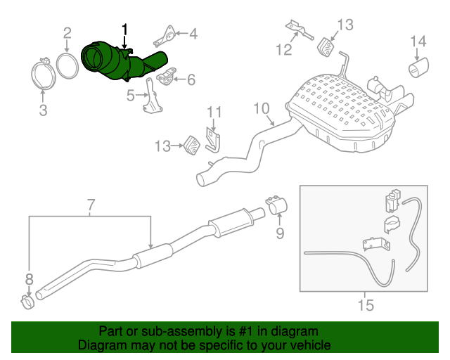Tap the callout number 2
point(67,32)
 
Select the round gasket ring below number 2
point(67,65)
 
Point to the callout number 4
point(193,32)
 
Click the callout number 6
point(191,79)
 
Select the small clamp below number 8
point(28,303)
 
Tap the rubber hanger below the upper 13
point(328,47)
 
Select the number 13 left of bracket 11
point(163,146)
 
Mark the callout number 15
point(365,304)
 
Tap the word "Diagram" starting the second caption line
point(99,346)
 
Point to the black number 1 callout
point(125,30)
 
